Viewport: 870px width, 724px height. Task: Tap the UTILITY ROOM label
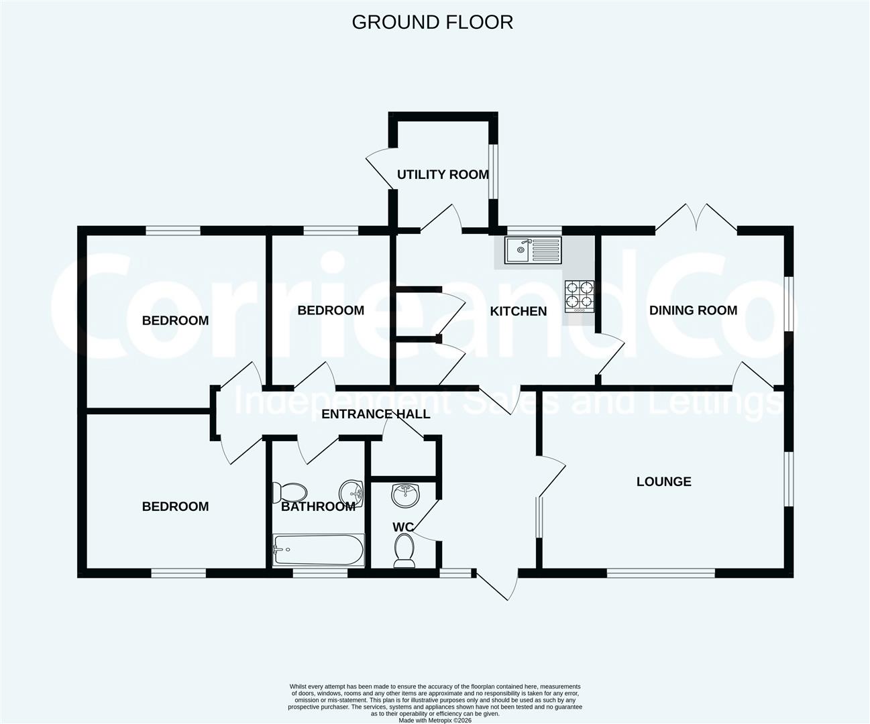point(443,174)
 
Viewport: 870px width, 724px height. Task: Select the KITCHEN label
point(519,312)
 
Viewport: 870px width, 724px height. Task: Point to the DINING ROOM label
point(694,310)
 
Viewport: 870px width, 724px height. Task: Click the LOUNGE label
point(664,482)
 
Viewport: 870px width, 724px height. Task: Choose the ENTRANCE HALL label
point(376,414)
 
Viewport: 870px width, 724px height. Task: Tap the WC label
point(403,527)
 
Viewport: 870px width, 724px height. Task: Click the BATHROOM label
point(319,506)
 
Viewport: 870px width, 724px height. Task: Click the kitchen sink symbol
point(533,250)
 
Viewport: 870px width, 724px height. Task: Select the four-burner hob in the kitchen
point(580,296)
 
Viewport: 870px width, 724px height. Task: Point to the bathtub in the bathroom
point(319,550)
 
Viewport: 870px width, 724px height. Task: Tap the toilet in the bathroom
point(289,493)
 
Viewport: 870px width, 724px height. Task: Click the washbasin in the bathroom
point(352,495)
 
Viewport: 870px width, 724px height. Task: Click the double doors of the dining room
point(696,217)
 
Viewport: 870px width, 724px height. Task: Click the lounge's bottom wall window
point(661,573)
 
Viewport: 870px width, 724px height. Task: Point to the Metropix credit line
point(435,720)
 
